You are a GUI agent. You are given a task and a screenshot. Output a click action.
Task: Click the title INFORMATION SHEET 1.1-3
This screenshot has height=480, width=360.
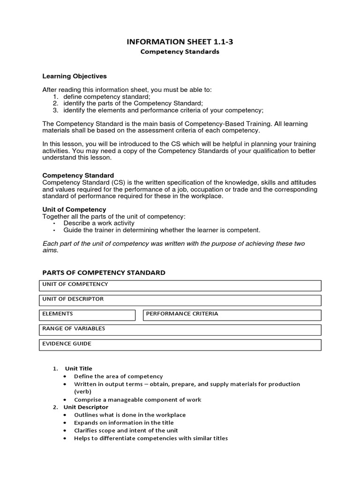[180, 42]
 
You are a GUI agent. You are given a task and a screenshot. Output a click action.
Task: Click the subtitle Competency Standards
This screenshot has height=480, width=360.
[180, 52]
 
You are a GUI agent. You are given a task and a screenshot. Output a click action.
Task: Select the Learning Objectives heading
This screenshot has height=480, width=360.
[75, 76]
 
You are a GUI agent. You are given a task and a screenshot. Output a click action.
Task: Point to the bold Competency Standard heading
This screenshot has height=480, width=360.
[78, 175]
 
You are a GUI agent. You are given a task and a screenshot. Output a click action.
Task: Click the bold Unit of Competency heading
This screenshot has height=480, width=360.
[75, 209]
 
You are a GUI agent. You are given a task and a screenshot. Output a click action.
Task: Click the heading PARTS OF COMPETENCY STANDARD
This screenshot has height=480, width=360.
[104, 273]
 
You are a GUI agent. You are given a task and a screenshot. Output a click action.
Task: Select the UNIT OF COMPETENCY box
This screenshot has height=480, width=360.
[180, 285]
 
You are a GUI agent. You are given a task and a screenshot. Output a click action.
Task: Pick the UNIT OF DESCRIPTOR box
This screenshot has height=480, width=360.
[180, 300]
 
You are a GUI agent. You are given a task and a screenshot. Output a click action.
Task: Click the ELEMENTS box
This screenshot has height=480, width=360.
[87, 315]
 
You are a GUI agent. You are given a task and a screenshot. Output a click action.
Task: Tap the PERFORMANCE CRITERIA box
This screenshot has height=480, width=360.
[232, 315]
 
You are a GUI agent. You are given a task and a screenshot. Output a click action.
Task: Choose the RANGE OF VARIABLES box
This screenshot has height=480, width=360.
[180, 330]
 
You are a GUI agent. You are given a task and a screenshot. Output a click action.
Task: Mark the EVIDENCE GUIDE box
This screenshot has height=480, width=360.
[180, 345]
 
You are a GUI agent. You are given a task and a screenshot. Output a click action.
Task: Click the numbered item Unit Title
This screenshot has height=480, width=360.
[78, 368]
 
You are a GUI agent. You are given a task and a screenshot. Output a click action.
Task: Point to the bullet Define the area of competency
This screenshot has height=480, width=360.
[118, 376]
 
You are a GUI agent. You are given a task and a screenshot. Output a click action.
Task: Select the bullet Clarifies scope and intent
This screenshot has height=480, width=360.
[126, 430]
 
